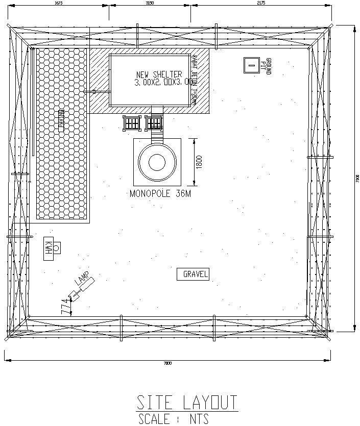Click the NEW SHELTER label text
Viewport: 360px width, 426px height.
[159, 74]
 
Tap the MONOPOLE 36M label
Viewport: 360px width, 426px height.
[160, 194]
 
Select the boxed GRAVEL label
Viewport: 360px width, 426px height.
[193, 274]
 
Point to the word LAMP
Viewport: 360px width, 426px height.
[82, 280]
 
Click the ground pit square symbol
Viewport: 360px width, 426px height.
[251, 65]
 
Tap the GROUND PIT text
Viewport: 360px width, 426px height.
[266, 67]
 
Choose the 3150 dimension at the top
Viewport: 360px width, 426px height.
[150, 3]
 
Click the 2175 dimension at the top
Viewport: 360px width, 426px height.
[260, 3]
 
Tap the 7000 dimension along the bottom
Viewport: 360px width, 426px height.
[167, 363]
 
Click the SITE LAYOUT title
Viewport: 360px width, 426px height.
[187, 403]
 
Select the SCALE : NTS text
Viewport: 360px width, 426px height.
[174, 419]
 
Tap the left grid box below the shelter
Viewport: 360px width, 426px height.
[132, 122]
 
